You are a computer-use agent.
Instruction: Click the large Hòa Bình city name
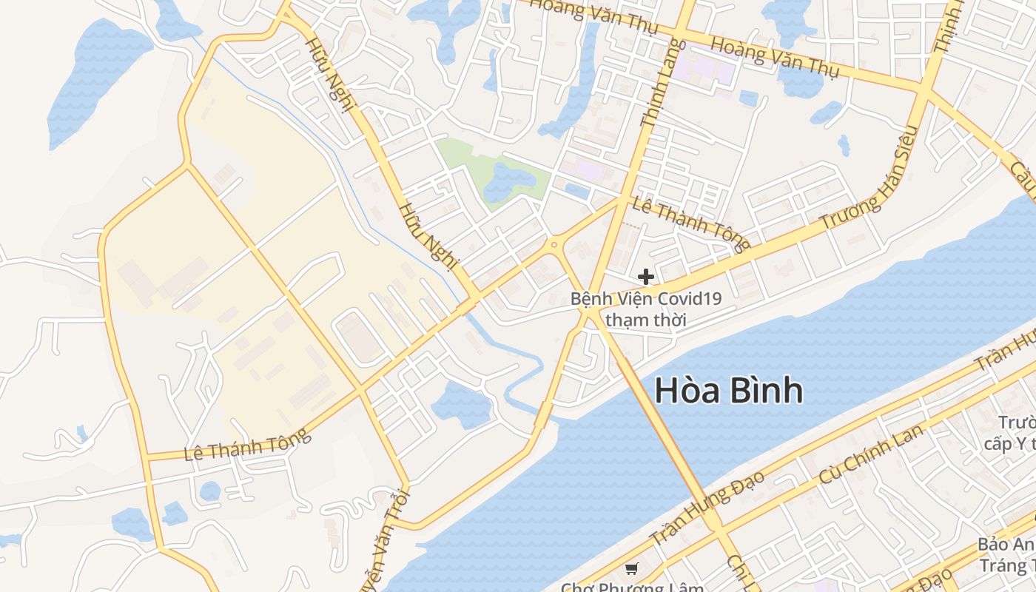(729, 391)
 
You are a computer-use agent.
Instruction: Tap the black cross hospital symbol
(645, 277)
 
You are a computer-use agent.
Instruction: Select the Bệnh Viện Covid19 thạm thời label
(645, 309)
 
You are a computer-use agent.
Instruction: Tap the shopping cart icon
(631, 568)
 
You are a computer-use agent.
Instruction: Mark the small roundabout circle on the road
(554, 244)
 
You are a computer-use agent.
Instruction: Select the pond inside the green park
(508, 181)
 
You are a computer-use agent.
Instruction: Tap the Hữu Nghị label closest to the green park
(428, 233)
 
